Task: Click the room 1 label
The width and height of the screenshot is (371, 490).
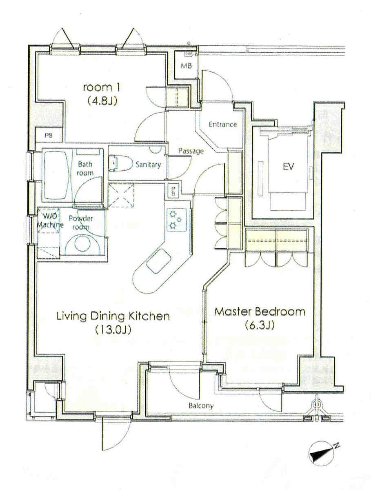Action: click(102, 87)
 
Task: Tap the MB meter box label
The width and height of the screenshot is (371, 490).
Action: click(186, 66)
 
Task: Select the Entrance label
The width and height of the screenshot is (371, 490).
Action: click(223, 125)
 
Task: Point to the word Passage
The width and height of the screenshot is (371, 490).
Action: click(191, 151)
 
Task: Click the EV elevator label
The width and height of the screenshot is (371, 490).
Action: click(288, 166)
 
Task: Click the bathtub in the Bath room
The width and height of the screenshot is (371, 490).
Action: click(57, 175)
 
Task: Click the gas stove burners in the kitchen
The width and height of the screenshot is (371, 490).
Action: click(176, 220)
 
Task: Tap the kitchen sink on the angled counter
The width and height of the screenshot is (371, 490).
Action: click(159, 261)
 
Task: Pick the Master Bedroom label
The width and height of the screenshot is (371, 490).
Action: click(260, 312)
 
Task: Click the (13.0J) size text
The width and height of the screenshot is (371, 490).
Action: click(113, 330)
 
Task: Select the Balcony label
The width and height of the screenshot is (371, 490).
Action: click(201, 405)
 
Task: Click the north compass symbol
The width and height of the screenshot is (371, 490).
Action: click(322, 454)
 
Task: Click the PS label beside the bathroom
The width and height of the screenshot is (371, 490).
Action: click(49, 135)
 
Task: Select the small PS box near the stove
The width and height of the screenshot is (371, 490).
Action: click(173, 191)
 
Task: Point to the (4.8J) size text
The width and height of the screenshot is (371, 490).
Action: click(102, 101)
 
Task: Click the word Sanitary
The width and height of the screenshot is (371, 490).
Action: click(148, 165)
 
